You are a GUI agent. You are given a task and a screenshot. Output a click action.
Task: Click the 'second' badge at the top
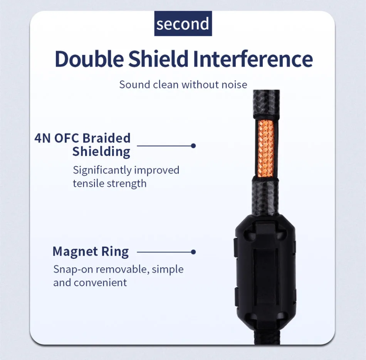pos(183,24)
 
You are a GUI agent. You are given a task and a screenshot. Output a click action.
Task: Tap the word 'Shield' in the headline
pos(158,59)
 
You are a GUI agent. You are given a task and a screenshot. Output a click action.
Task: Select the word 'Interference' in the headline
pos(253,59)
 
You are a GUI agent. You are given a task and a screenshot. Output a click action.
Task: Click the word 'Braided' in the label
pos(107,138)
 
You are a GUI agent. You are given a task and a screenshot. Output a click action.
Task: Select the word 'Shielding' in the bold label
pos(101,151)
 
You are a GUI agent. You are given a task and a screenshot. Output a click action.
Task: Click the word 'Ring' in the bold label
pos(115,252)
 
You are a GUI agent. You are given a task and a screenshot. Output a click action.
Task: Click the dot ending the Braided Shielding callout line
pos(193,146)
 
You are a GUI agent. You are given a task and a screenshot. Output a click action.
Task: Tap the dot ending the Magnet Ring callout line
pos(193,252)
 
